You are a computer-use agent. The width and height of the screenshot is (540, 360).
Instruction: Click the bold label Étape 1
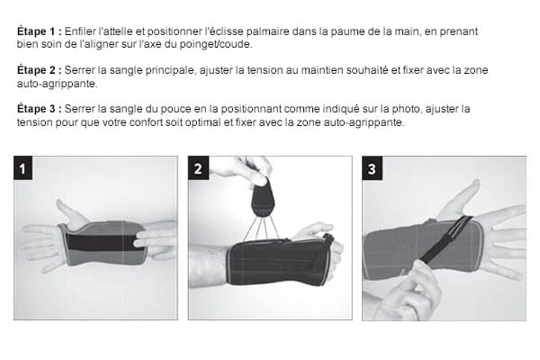click(x=40, y=31)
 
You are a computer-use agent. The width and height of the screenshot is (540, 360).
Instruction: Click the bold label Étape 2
click(x=40, y=70)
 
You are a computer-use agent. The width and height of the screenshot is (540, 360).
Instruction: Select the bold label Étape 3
click(x=40, y=109)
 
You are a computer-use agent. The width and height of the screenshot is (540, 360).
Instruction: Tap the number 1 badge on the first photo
click(x=23, y=168)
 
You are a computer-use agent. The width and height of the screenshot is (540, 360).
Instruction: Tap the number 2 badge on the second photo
click(x=198, y=168)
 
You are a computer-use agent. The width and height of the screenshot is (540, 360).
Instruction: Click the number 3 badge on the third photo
click(x=372, y=168)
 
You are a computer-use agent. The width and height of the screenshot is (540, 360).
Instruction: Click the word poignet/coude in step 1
click(x=216, y=45)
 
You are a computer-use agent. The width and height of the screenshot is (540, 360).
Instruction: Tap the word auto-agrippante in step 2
click(x=58, y=84)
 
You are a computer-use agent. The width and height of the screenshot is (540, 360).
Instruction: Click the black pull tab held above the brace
click(x=263, y=200)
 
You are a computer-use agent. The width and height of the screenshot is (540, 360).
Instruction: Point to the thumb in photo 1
click(x=70, y=212)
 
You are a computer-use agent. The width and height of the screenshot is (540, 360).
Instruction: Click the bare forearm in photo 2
click(x=208, y=266)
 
